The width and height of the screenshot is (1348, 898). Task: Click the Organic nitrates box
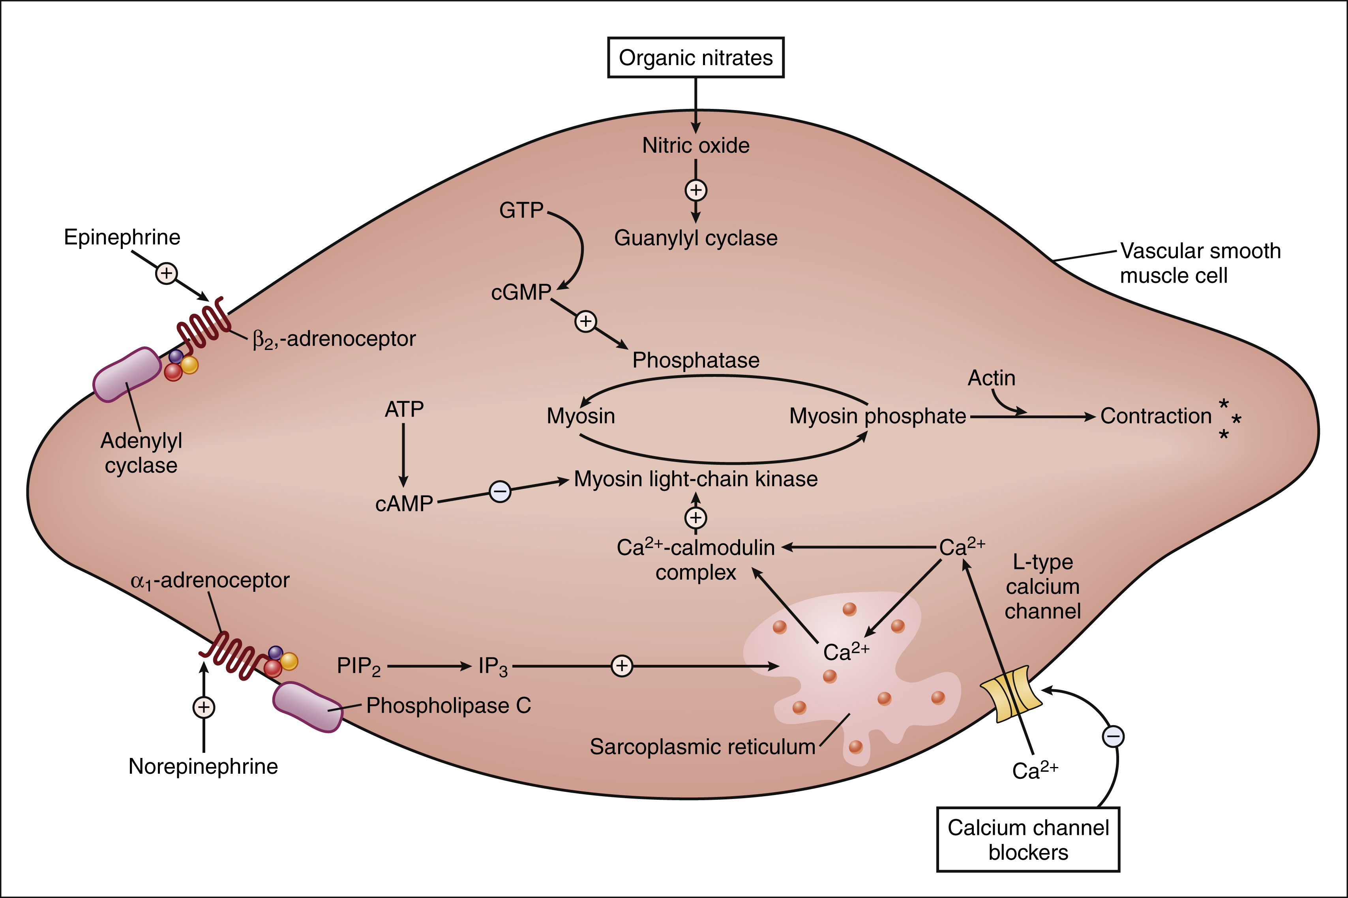pyautogui.click(x=696, y=58)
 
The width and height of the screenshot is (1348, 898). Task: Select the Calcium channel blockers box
pyautogui.click(x=1028, y=840)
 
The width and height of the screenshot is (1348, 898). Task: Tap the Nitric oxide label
pyautogui.click(x=696, y=146)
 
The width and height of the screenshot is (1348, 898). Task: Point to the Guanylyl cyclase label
pyautogui.click(x=696, y=238)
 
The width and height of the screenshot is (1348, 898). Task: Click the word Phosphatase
pyautogui.click(x=696, y=360)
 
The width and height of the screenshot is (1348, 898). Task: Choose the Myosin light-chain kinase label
pyautogui.click(x=696, y=479)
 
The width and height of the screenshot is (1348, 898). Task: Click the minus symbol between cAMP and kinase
pyautogui.click(x=500, y=491)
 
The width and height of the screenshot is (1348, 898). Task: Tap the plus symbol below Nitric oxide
pyautogui.click(x=696, y=190)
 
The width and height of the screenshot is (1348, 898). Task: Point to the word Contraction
pyautogui.click(x=1155, y=416)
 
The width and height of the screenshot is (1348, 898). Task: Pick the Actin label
pyautogui.click(x=991, y=378)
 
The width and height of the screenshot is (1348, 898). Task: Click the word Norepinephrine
pyautogui.click(x=203, y=766)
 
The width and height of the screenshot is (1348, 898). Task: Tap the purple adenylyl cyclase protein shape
pyautogui.click(x=127, y=374)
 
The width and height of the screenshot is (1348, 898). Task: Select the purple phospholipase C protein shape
pyautogui.click(x=307, y=707)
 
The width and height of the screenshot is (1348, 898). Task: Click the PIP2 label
pyautogui.click(x=358, y=666)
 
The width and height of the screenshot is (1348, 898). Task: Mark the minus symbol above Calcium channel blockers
pyautogui.click(x=1113, y=737)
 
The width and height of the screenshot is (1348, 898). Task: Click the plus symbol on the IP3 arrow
pyautogui.click(x=622, y=666)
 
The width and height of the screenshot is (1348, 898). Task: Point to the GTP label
pyautogui.click(x=521, y=210)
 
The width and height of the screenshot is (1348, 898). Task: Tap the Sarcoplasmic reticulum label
pyautogui.click(x=702, y=747)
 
